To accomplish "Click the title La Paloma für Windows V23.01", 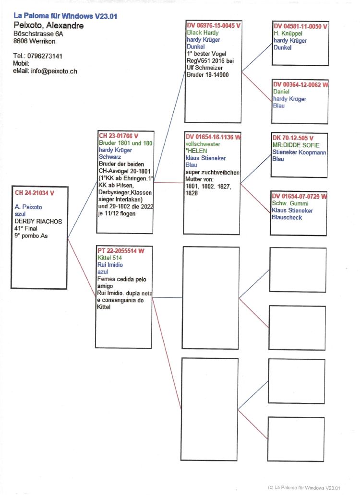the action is (65, 16).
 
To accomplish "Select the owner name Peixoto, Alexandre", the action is (48, 25).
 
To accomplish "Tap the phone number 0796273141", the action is (45, 56).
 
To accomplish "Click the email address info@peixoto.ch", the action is (54, 71).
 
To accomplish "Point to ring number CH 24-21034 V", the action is (35, 193).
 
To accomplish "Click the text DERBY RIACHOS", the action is (38, 221).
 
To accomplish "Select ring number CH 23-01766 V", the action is (119, 136).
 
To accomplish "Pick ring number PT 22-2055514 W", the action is (121, 251).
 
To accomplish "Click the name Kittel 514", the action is (109, 258).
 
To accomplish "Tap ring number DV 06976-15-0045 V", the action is (214, 25).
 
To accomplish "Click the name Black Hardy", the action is (203, 33).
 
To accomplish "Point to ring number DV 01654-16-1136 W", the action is (213, 137).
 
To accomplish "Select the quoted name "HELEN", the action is (196, 151).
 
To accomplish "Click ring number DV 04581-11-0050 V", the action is (300, 26).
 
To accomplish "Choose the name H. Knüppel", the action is (288, 34).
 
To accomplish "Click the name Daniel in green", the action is (281, 92).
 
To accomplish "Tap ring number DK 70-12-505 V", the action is (293, 138).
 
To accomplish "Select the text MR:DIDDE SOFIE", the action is (296, 145).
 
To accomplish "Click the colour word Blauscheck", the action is (287, 217).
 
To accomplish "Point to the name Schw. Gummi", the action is (290, 203).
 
